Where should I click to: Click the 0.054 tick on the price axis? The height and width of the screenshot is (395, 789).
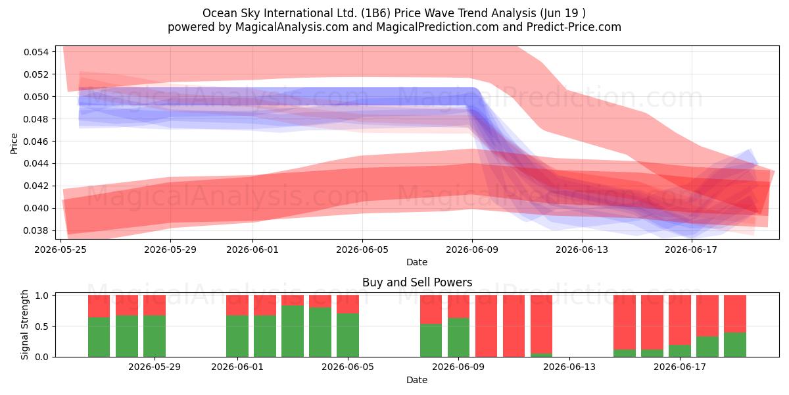pos(36,52)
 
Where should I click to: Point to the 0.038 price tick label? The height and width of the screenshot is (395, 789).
pos(36,230)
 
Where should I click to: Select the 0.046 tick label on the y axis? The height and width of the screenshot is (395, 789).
pos(36,142)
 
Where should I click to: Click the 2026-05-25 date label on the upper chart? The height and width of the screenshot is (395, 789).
pos(60,250)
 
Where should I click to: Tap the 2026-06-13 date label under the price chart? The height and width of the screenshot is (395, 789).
pos(582,250)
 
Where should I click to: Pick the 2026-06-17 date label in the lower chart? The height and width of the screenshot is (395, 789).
pos(680,367)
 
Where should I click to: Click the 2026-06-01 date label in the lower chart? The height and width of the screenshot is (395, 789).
pos(237,367)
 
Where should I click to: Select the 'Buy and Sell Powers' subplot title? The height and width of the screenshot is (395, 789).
pos(417,282)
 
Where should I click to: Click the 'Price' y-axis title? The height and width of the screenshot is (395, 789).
pos(14,144)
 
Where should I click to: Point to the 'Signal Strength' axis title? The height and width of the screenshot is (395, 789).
pos(24,325)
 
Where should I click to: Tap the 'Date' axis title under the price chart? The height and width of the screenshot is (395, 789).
pos(417,262)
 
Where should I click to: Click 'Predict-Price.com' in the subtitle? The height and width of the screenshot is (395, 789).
pos(574,27)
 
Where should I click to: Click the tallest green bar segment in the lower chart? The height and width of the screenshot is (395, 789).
pos(293,331)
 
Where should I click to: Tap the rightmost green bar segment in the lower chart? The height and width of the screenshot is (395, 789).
pos(735,344)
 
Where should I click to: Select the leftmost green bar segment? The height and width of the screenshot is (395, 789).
pos(99,337)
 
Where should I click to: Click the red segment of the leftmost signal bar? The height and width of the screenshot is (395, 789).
pos(99,306)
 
